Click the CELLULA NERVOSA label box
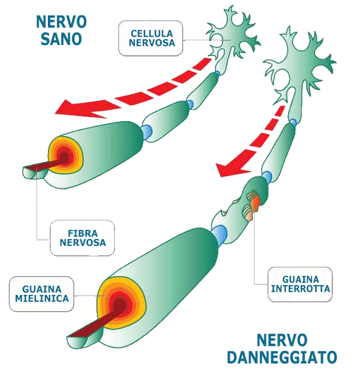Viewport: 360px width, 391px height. (151, 38)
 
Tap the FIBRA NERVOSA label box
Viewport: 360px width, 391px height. (82, 238)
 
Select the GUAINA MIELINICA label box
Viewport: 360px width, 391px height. (42, 294)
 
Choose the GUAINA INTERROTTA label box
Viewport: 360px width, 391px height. (300, 285)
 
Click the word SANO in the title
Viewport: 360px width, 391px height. (61, 39)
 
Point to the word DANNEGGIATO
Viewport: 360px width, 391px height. (282, 357)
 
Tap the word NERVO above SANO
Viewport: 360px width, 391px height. (61, 22)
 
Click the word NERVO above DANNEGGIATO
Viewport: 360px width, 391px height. (282, 340)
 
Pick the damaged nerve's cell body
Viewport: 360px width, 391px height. (299, 68)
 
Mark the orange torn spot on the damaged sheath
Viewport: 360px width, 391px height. (252, 206)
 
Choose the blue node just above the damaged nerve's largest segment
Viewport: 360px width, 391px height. (220, 235)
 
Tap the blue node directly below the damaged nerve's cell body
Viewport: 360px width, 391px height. (293, 123)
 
